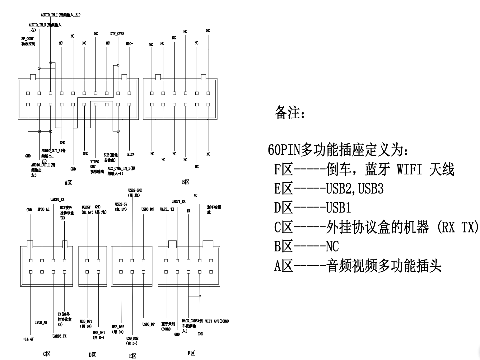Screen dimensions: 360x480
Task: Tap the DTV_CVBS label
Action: click(x=117, y=34)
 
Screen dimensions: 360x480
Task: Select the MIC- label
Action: click(x=129, y=44)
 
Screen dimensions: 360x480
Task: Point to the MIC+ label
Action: click(x=131, y=154)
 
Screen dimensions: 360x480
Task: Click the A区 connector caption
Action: click(x=68, y=183)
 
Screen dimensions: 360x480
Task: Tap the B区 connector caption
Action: click(x=186, y=182)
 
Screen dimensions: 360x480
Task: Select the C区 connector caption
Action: click(x=47, y=354)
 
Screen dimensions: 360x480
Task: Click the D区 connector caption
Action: click(x=92, y=354)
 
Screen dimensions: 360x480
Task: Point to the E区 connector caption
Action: click(x=133, y=356)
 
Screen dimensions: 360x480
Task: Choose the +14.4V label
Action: click(x=28, y=339)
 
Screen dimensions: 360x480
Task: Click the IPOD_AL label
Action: click(x=43, y=209)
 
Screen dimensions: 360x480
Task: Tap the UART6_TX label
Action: click(x=59, y=336)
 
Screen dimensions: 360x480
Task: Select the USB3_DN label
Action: click(x=147, y=209)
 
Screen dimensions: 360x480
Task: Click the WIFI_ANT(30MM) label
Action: click(x=217, y=321)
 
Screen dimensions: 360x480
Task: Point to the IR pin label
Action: click(x=188, y=211)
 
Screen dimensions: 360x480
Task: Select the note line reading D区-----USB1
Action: click(x=312, y=208)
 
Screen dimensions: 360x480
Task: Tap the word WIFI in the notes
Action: click(x=409, y=170)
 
